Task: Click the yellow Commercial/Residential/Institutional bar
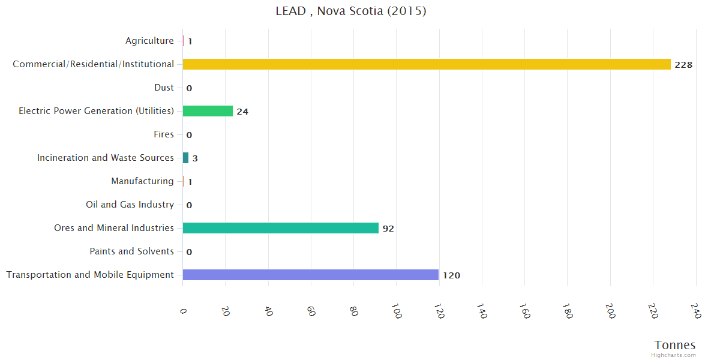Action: pos(427,64)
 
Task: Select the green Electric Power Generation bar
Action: pos(208,111)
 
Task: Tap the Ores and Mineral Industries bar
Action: pos(281,228)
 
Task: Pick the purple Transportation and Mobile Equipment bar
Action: pos(311,275)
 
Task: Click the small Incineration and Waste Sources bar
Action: pos(185,158)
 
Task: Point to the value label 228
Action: pos(683,65)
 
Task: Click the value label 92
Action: pos(388,229)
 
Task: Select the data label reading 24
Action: pos(242,112)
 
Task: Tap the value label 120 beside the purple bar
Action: pos(451,275)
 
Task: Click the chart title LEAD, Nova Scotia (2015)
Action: pos(351,11)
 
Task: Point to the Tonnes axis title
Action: pos(675,345)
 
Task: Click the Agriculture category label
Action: pos(149,41)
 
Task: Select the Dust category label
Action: pos(164,88)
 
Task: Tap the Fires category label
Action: pos(163,134)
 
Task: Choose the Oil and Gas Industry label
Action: pos(130,205)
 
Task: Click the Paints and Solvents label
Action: pos(131,251)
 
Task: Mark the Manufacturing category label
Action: pos(142,181)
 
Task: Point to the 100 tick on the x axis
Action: pos(396,311)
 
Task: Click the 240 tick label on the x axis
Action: pos(695,311)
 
